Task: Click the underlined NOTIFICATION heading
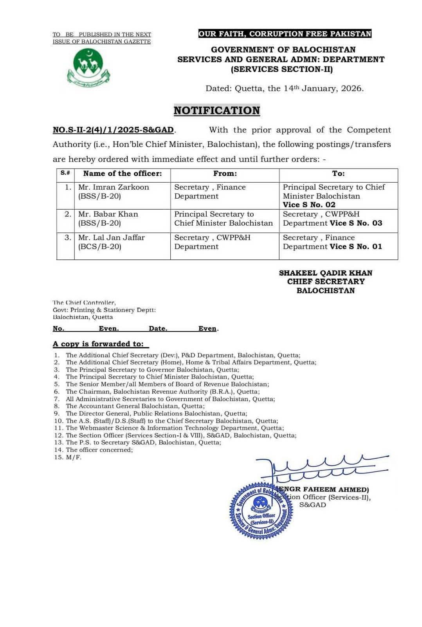point(216,111)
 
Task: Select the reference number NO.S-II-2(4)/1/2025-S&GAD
point(113,130)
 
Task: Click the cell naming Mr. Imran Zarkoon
point(114,192)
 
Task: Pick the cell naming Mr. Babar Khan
point(108,219)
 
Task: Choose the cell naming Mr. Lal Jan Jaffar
point(111,242)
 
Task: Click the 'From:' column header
point(225,174)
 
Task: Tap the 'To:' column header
point(338,174)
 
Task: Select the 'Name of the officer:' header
point(122,174)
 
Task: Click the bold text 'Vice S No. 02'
point(309,205)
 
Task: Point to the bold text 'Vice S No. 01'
point(355,246)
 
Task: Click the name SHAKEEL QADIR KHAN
point(325,273)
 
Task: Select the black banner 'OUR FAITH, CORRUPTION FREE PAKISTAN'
point(285,34)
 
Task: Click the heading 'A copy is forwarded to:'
point(101,344)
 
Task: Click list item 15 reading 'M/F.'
point(73,457)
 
